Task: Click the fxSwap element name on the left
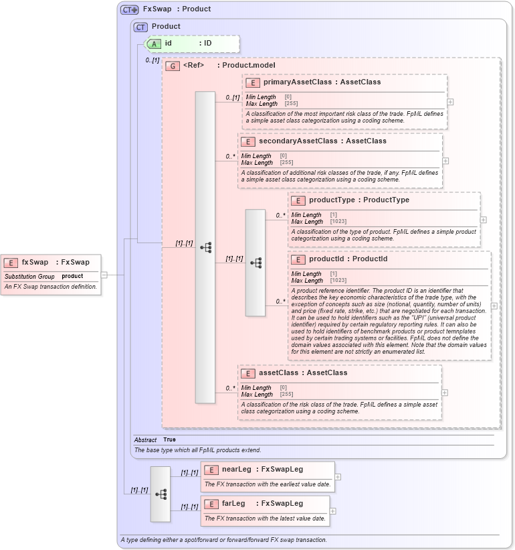pyautogui.click(x=35, y=263)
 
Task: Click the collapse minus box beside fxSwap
pyautogui.click(x=104, y=274)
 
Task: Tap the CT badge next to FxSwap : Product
pyautogui.click(x=130, y=9)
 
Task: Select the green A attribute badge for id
pyautogui.click(x=154, y=44)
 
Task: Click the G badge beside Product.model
pyautogui.click(x=173, y=66)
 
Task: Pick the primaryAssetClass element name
pyautogui.click(x=298, y=82)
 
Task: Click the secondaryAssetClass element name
pyautogui.click(x=293, y=141)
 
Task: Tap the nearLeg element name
pyautogui.click(x=236, y=470)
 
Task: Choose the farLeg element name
pyautogui.click(x=233, y=504)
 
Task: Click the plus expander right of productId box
pyautogui.click(x=494, y=305)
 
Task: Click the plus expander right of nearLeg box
pyautogui.click(x=338, y=477)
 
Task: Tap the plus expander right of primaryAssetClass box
pyautogui.click(x=450, y=102)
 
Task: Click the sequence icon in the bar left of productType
pyautogui.click(x=255, y=263)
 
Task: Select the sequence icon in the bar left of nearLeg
pyautogui.click(x=161, y=494)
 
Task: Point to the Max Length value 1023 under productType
pyautogui.click(x=338, y=222)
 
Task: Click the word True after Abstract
pyautogui.click(x=170, y=440)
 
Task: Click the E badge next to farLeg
pyautogui.click(x=211, y=504)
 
